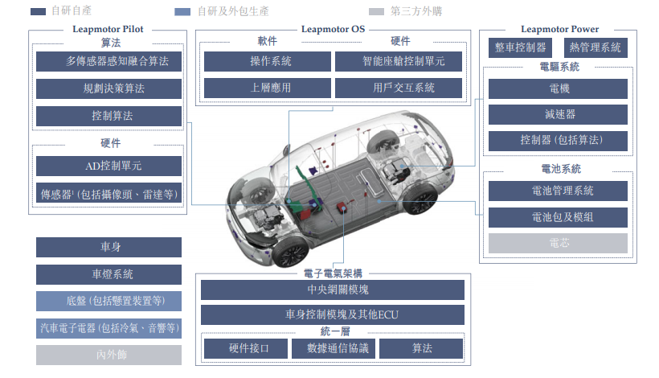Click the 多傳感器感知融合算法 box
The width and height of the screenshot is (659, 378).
coord(108,61)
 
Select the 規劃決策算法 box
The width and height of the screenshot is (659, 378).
coord(108,88)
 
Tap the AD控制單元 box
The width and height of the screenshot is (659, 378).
coord(108,166)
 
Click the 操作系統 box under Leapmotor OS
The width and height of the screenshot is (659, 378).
coord(268,61)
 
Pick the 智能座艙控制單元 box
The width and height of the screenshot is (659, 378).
coord(399,61)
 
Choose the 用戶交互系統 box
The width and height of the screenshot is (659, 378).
coord(399,88)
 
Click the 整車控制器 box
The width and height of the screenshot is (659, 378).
coord(520,47)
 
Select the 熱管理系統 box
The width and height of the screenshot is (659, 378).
coord(596,47)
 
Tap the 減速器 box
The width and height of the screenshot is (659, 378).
coord(558,114)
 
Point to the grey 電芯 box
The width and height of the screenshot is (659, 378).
coord(558,243)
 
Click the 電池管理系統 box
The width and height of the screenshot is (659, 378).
coord(558,191)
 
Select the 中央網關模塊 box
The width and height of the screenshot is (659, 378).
coord(333,290)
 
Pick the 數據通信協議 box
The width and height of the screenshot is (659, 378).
coord(334,348)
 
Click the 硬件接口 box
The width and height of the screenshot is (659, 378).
coord(246,348)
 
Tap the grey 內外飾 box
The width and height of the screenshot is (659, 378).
coord(108,355)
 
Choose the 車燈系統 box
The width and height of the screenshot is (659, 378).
coord(108,274)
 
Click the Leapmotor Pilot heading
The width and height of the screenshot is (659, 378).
coord(108,29)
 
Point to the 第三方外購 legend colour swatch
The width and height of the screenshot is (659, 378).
coord(376,11)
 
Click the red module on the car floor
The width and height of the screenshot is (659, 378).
coord(342,207)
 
